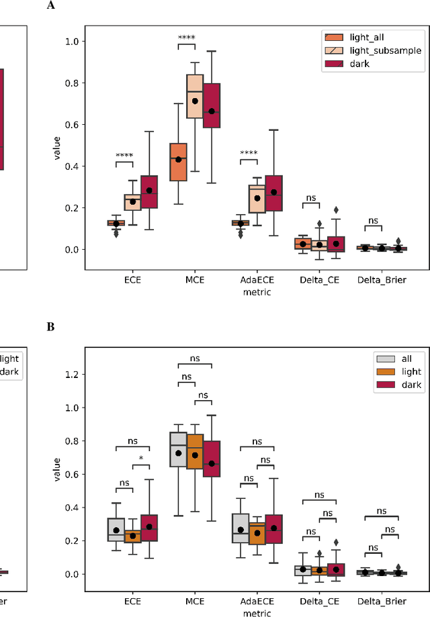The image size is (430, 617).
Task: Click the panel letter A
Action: (x=51, y=5)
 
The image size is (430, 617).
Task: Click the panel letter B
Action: (x=50, y=327)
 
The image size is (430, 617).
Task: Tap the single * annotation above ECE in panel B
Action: (x=141, y=459)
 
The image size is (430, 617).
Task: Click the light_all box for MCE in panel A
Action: (x=178, y=161)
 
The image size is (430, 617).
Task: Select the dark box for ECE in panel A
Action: (x=149, y=192)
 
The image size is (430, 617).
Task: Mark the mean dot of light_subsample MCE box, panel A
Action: (x=195, y=101)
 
